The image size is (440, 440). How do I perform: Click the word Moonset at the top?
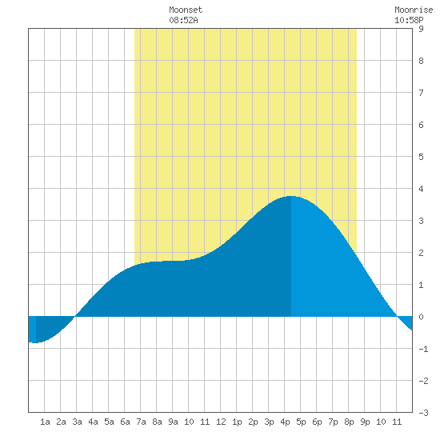point(186,10)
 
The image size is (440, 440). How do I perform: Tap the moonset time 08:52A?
point(183,20)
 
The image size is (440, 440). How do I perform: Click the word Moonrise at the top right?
point(414,10)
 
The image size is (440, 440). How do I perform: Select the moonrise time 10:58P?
point(409,20)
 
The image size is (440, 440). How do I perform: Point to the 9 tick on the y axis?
point(421,29)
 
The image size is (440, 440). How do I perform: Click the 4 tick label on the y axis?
point(421,189)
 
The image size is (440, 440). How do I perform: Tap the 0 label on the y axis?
point(421,317)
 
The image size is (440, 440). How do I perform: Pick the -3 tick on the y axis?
point(423,413)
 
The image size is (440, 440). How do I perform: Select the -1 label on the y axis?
point(423,349)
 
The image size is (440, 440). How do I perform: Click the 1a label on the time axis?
point(45,422)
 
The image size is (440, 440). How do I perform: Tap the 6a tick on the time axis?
point(125,422)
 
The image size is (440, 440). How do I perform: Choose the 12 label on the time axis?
point(221,422)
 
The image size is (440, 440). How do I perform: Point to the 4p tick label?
point(285,422)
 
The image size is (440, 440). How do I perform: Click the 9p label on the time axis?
point(365,422)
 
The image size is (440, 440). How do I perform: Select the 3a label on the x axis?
point(77,422)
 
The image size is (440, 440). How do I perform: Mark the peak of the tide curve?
point(291,196)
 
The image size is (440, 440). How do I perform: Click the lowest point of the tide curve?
point(34,342)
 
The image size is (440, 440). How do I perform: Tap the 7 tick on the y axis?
point(421,93)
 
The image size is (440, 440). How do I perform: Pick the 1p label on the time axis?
point(237,422)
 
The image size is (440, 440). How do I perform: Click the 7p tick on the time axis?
point(333,422)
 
